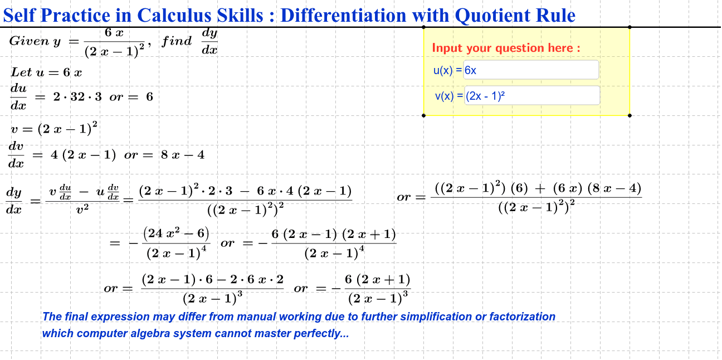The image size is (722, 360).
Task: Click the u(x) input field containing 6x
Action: coord(531,70)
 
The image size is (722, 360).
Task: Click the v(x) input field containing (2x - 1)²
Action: coord(532,96)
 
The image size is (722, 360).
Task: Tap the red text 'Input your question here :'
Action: coord(506,48)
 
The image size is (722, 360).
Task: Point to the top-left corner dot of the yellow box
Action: coord(424,27)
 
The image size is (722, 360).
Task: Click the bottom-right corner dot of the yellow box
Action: coord(630,115)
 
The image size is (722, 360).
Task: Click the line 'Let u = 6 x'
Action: coord(46,72)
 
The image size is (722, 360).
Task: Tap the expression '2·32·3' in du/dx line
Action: coord(77,97)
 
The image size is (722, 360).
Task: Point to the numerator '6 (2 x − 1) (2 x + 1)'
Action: coord(333,235)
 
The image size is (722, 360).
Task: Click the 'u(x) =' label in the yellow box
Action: coord(448,70)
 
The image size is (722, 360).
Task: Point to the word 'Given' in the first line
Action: coord(30,41)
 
